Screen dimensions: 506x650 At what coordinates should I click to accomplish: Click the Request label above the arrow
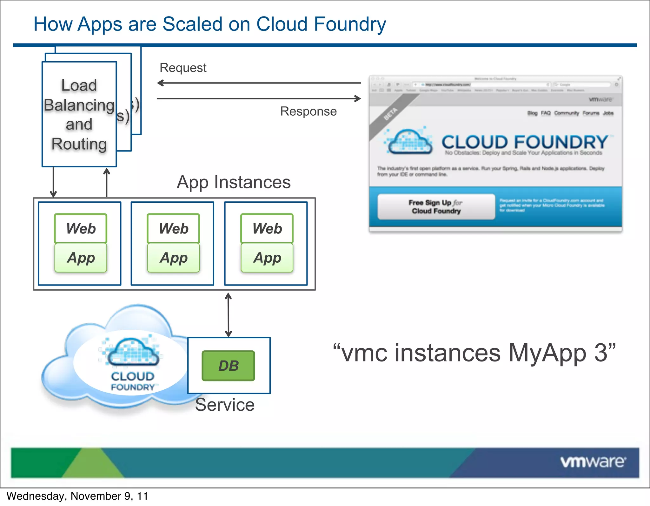pos(183,68)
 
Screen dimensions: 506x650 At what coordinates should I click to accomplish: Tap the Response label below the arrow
pos(308,111)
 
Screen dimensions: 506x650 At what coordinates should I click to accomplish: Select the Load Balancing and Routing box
pos(79,114)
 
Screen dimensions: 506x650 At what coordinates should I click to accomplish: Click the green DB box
pos(228,366)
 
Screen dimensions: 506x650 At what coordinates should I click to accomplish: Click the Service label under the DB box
pos(225,405)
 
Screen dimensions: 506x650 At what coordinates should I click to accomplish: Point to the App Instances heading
pos(234,182)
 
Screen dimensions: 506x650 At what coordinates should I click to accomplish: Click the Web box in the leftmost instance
pos(81,228)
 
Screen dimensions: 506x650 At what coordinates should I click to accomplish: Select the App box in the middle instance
pos(174,258)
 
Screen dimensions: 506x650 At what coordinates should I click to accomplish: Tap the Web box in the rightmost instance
pos(267,228)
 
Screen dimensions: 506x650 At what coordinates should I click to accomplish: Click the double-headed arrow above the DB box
pos(228,315)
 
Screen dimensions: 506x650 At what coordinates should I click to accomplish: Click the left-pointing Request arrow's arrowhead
pos(160,83)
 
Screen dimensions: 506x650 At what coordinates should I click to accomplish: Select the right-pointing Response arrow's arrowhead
pos(358,98)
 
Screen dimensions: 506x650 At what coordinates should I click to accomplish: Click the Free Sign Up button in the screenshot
pos(436,207)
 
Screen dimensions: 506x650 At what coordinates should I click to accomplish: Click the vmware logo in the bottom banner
pos(593,462)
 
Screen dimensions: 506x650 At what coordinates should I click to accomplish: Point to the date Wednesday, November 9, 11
pos(77,496)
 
